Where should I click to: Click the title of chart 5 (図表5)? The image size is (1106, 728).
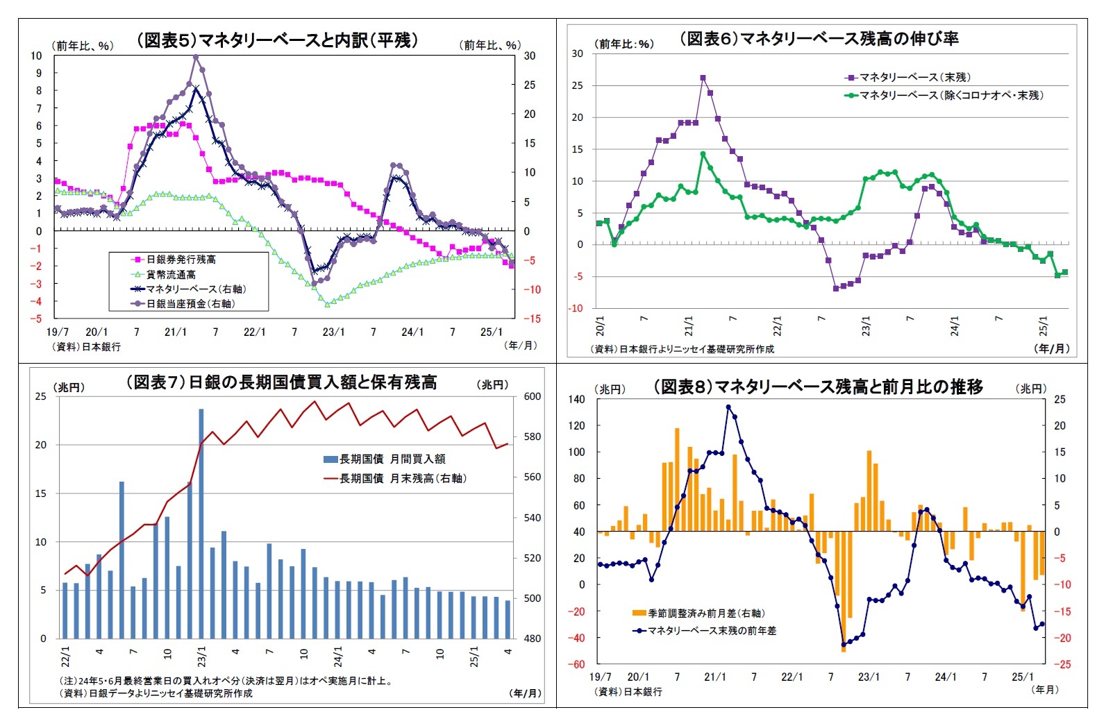(x=277, y=40)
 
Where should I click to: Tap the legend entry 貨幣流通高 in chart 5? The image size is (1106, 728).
(x=171, y=274)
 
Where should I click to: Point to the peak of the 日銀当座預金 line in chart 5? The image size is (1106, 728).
(x=196, y=57)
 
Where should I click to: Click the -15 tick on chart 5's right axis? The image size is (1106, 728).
(x=531, y=319)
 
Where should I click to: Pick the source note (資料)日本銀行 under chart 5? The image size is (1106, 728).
(x=87, y=346)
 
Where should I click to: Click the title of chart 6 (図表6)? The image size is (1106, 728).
(x=819, y=39)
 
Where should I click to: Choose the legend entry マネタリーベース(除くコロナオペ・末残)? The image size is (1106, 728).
(x=951, y=95)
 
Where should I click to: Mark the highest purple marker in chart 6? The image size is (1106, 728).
(x=703, y=78)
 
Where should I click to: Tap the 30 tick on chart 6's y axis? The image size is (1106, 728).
(x=577, y=53)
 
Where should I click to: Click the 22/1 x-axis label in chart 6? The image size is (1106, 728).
(x=778, y=326)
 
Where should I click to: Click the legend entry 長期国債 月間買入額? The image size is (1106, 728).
(x=392, y=459)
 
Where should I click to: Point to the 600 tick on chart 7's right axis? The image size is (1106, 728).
(x=532, y=396)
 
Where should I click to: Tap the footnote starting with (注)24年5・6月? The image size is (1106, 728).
(x=226, y=681)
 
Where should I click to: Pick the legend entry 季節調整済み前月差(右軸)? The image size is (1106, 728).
(x=706, y=613)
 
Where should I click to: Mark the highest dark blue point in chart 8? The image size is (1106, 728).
(x=728, y=407)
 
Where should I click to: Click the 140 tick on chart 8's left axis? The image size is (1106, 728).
(x=576, y=399)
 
